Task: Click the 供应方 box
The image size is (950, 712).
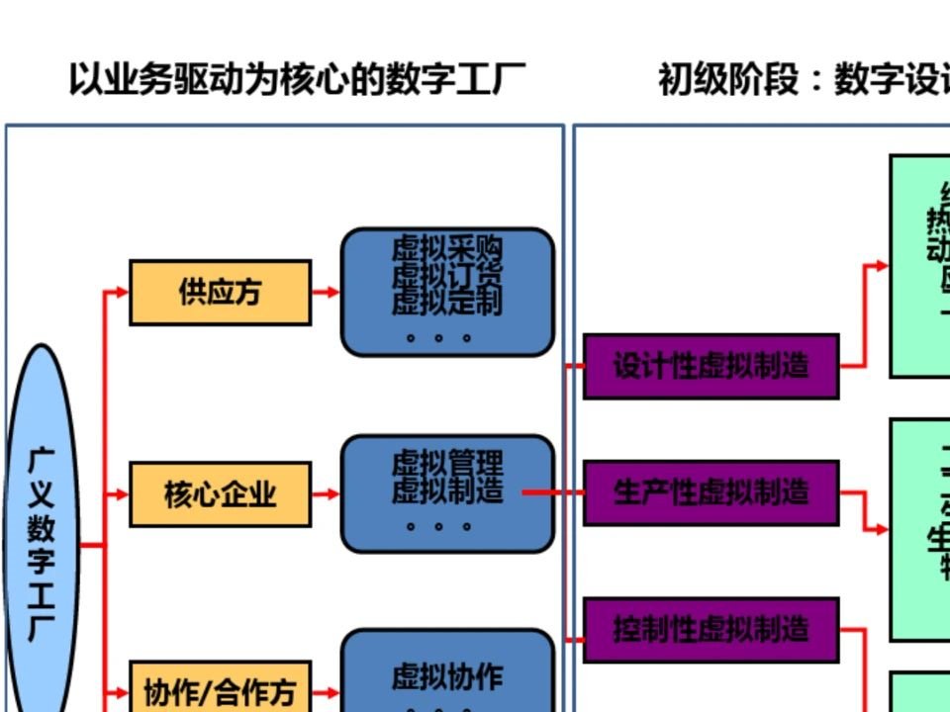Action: coord(220,293)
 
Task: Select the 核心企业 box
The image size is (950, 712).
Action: coord(220,493)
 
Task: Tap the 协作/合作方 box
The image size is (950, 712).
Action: coord(220,691)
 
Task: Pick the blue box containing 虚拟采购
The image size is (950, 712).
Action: coord(447,292)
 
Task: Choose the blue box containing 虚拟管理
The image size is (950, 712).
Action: coord(447,492)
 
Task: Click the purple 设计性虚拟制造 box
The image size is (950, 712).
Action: coord(711,367)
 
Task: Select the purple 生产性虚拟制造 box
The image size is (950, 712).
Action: coord(711,492)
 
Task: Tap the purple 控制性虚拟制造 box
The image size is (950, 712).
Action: coord(711,629)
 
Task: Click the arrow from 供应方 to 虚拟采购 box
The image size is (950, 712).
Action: coord(326,292)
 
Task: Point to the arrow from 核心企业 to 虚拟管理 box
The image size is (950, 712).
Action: coord(326,493)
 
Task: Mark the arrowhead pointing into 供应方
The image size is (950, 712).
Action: coord(121,292)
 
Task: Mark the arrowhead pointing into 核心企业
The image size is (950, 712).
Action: coord(121,493)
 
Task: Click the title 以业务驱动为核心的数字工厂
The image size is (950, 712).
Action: coord(296,79)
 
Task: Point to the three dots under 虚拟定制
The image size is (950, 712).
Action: coord(439,337)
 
